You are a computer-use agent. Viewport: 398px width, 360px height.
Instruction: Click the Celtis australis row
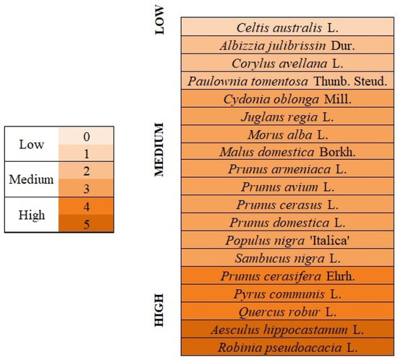point(287,27)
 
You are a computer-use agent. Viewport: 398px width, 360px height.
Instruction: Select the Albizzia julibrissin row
point(287,45)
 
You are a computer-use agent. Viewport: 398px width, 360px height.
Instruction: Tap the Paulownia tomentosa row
point(287,81)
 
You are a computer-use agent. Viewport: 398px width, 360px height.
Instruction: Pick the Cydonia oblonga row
point(287,98)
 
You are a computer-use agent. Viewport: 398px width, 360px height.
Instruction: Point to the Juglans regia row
point(287,116)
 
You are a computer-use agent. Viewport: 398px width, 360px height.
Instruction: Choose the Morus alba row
point(287,134)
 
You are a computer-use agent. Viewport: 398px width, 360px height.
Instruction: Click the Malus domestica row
point(287,151)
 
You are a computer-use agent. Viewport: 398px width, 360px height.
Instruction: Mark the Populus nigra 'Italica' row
point(287,240)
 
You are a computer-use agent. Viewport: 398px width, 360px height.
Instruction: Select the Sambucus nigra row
point(287,257)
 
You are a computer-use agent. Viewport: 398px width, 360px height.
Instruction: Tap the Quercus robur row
point(287,311)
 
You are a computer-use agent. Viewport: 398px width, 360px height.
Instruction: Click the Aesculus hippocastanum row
point(287,329)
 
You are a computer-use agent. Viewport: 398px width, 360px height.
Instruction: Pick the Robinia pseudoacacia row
point(287,347)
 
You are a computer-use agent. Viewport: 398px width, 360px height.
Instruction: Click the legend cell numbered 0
point(86,136)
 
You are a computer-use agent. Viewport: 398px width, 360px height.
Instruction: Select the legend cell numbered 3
point(86,189)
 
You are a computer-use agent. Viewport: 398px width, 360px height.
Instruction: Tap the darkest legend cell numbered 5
point(86,223)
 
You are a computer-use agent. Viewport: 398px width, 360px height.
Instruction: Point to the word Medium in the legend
point(31,179)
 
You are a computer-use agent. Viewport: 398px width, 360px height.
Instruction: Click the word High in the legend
point(31,215)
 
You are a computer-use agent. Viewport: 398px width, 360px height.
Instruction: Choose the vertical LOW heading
point(160,20)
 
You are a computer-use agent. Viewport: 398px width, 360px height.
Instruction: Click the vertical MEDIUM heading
point(160,150)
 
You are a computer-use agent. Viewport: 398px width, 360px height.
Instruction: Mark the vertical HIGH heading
point(160,310)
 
